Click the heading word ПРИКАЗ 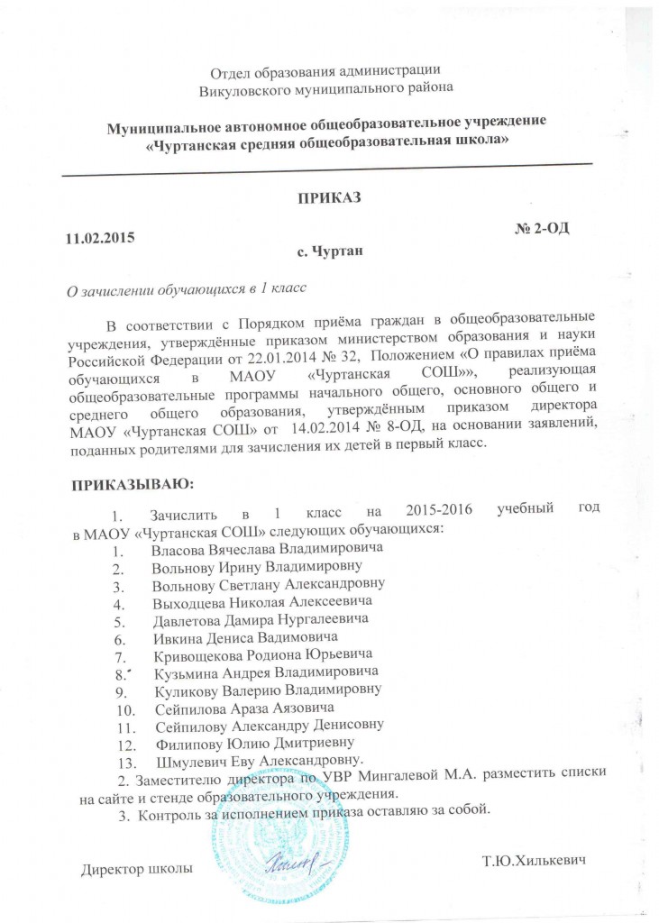[329, 198]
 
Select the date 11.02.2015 [96, 240]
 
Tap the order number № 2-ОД [541, 228]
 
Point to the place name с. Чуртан [329, 254]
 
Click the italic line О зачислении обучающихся [182, 289]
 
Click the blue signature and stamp [297, 867]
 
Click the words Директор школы [136, 871]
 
